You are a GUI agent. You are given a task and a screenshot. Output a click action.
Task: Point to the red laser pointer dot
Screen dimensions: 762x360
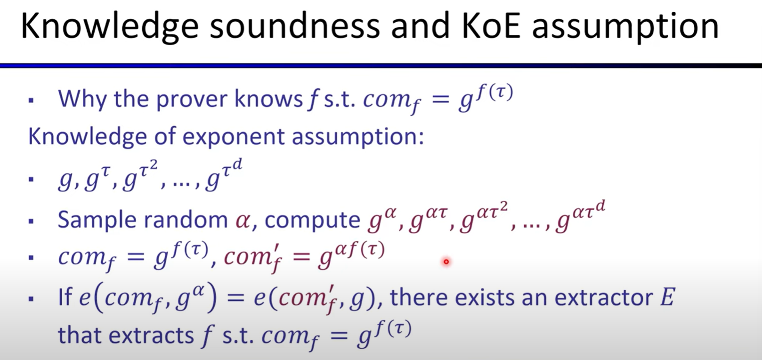point(446,262)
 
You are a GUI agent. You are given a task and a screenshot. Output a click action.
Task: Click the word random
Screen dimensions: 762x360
point(186,220)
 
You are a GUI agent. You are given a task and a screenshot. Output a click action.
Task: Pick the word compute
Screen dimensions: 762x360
point(312,221)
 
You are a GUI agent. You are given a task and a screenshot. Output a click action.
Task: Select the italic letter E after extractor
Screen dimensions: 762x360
point(667,297)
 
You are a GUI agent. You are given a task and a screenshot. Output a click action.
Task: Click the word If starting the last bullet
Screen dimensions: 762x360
point(65,297)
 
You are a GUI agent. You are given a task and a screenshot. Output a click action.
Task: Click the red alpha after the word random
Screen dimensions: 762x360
point(243,220)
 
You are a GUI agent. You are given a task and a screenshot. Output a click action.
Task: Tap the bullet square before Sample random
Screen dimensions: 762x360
point(31,221)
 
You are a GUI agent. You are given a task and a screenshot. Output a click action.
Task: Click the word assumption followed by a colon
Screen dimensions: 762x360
point(358,137)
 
